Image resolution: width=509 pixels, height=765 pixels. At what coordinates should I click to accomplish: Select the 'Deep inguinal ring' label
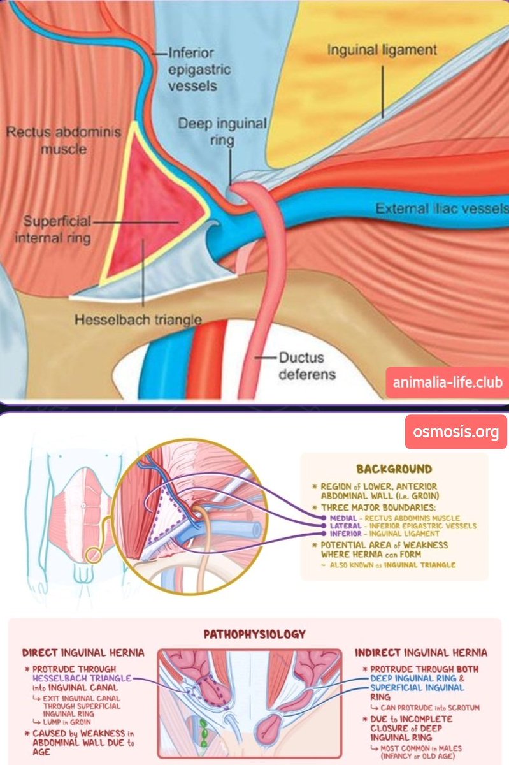(224, 130)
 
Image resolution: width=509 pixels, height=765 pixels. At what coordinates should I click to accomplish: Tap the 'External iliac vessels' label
(441, 208)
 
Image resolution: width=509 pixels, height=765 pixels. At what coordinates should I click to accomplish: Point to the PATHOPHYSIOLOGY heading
(254, 634)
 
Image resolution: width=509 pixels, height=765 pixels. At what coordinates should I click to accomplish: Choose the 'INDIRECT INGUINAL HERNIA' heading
(420, 653)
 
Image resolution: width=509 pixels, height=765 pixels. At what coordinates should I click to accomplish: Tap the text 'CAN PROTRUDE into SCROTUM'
(426, 708)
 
